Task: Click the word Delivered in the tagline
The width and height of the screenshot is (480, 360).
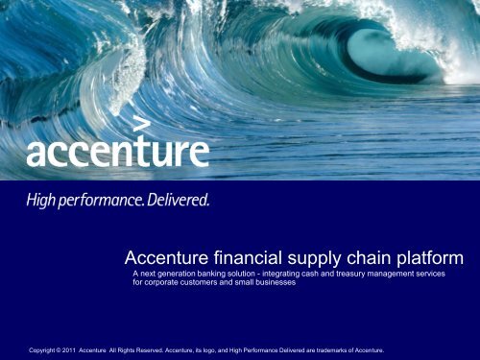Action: [x=173, y=202]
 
